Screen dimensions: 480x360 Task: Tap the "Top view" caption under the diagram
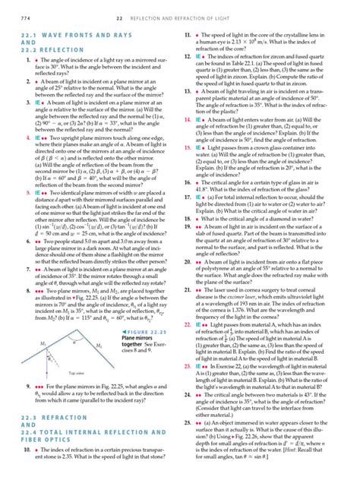tap(55, 394)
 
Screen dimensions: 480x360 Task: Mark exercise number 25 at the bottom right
tap(188, 421)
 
